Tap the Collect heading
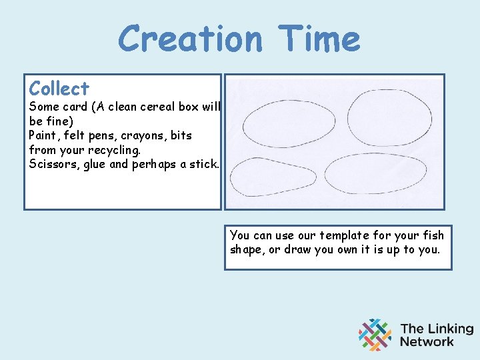59,89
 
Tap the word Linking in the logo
448,329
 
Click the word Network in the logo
427,342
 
